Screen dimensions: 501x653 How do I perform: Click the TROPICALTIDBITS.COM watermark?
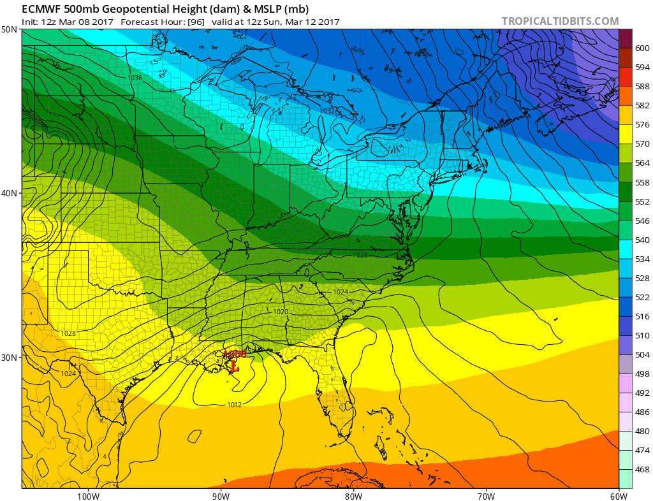(560, 21)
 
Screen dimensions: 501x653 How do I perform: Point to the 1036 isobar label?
(135, 78)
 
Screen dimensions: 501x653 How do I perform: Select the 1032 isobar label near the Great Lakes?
(327, 111)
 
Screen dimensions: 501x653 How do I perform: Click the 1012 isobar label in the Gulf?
(233, 404)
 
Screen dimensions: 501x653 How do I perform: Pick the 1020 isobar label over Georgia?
(281, 312)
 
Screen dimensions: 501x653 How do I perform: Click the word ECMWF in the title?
(39, 8)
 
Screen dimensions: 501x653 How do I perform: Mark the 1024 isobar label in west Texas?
(69, 374)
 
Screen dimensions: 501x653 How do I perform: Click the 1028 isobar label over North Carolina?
(360, 255)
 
